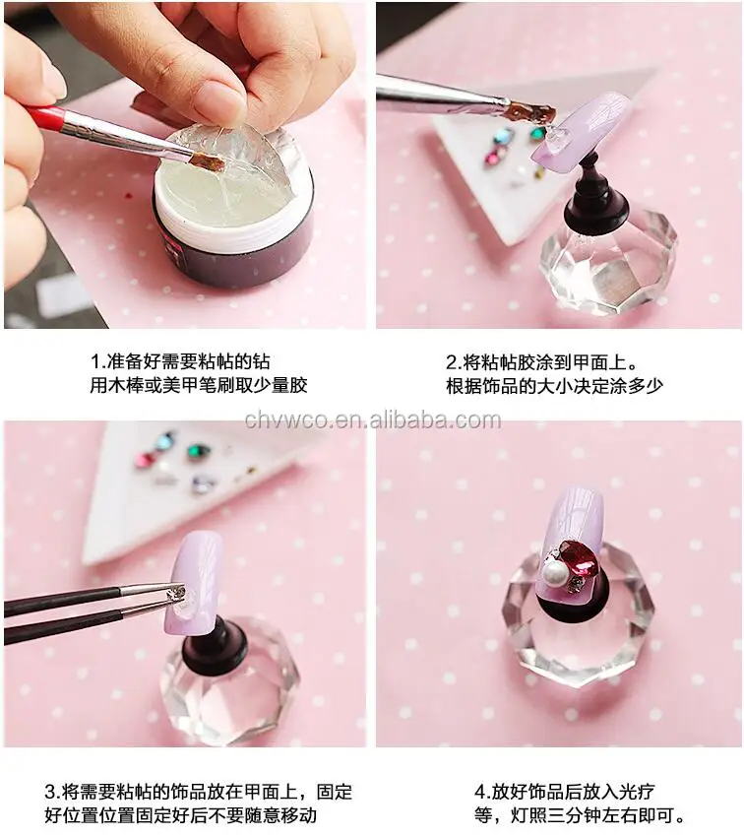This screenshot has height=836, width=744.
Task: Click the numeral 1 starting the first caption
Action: pyautogui.click(x=95, y=360)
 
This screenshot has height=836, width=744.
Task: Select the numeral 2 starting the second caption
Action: pyautogui.click(x=452, y=360)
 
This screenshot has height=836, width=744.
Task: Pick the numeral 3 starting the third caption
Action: pyautogui.click(x=50, y=791)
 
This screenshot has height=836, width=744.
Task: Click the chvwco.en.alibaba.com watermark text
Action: pyautogui.click(x=372, y=420)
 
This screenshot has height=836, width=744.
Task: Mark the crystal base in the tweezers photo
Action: pyautogui.click(x=226, y=689)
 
